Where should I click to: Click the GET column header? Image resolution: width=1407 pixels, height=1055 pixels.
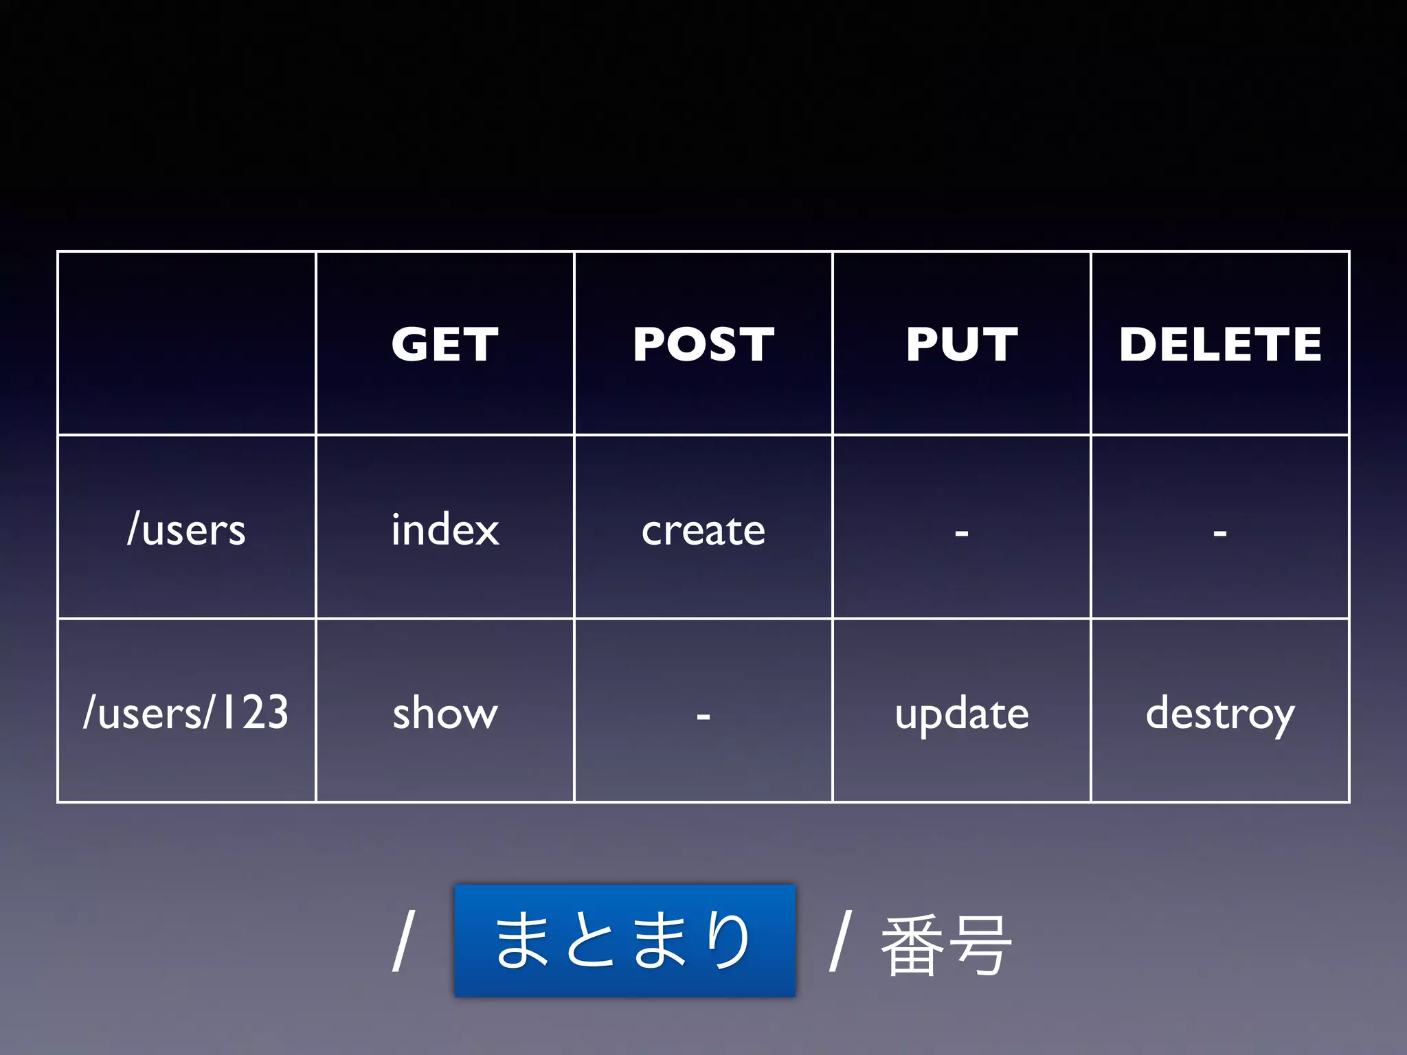pos(445,343)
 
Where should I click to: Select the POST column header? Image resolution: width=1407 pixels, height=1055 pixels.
pos(703,343)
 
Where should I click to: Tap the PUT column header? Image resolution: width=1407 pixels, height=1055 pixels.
pos(961,343)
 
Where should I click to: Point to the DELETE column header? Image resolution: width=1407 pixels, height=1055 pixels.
pos(1220,343)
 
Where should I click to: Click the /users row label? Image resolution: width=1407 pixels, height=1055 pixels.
pos(186,530)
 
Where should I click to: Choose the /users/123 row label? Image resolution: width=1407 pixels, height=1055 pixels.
pos(185,712)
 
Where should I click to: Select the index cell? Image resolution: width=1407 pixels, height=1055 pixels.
pos(445,530)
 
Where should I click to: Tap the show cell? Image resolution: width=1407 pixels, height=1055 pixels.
pos(445,713)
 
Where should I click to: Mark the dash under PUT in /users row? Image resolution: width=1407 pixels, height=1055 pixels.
pos(961,532)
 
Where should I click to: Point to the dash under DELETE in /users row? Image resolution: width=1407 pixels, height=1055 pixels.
pos(1220,532)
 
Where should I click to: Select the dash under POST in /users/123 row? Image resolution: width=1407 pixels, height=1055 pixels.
pos(703,716)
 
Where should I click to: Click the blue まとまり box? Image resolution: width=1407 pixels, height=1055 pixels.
pos(624,941)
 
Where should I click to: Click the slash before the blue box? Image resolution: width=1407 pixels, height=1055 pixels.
pos(404,941)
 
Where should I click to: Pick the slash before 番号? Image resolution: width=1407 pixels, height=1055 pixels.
pos(841,941)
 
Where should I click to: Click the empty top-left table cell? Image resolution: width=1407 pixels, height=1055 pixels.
pos(186,343)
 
